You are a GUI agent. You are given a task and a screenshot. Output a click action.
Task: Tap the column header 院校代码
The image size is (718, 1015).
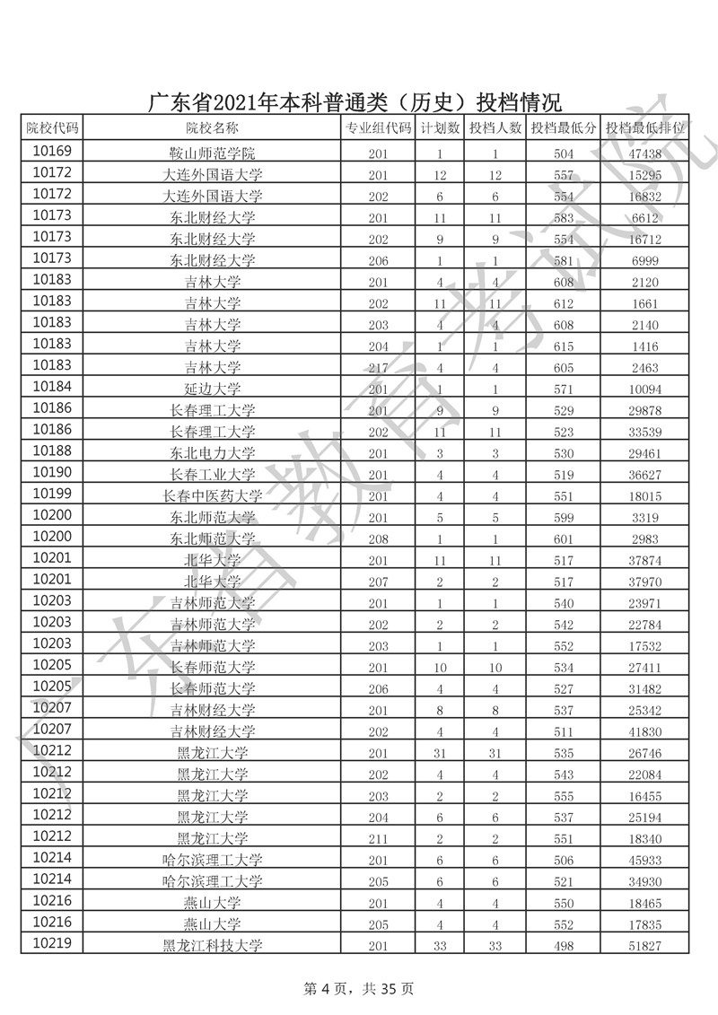click(52, 128)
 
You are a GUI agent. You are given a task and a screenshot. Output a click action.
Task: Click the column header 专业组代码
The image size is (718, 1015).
click(378, 128)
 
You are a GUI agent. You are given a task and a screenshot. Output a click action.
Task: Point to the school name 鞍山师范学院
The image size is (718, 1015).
click(213, 153)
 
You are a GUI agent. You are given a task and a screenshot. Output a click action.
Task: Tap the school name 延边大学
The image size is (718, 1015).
click(213, 390)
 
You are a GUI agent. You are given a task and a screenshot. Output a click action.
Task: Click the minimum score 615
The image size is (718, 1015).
click(564, 346)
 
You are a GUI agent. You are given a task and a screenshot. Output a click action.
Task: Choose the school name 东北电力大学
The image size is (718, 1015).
click(213, 453)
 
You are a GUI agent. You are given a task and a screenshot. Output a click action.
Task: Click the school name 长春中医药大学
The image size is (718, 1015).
click(213, 496)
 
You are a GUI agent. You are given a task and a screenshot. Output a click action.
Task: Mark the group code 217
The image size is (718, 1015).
click(378, 368)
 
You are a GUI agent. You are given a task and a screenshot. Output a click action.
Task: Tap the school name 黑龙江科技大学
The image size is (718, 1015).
click(213, 945)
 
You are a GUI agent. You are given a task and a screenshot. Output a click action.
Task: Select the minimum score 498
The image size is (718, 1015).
click(564, 945)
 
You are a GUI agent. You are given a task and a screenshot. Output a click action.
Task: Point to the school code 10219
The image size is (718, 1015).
click(52, 943)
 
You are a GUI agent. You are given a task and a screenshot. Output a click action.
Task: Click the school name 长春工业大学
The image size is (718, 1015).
click(213, 475)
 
